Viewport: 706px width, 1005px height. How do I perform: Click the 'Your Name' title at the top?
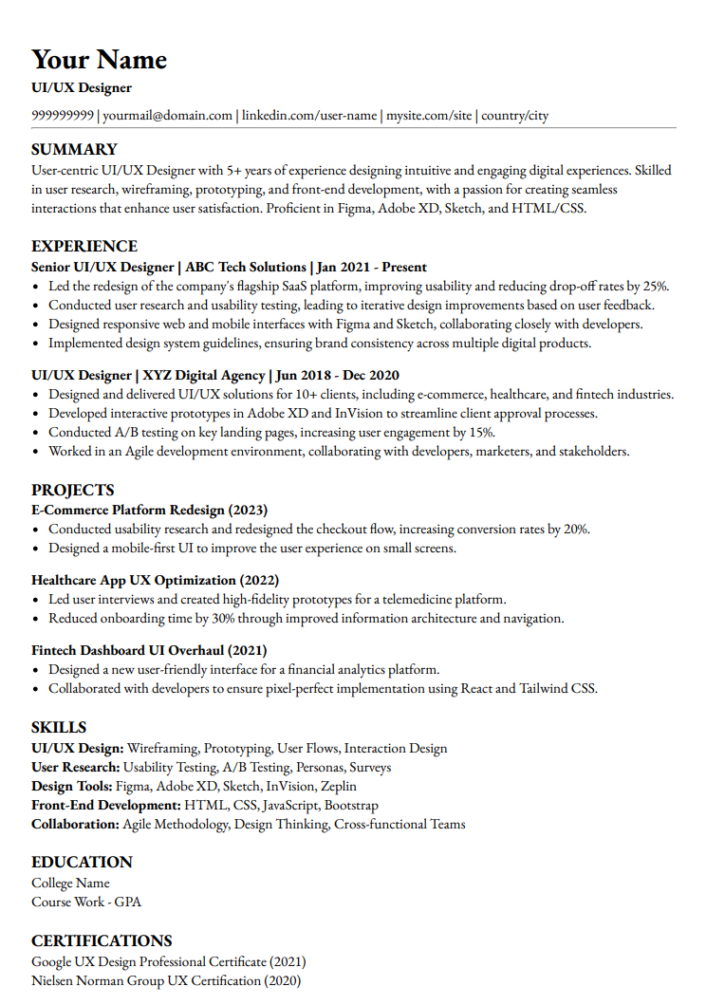99,60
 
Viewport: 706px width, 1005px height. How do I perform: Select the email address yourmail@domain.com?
167,116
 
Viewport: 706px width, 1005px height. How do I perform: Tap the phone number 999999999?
63,116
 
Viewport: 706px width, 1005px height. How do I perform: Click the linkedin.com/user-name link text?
309,116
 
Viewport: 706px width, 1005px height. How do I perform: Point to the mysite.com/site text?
429,116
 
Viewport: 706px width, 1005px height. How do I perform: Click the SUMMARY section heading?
74,149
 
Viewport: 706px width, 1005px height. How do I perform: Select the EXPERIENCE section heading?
84,247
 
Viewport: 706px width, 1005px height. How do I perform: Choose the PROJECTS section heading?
73,490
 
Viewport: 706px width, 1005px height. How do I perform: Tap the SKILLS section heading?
59,727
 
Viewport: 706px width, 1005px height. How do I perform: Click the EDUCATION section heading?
82,862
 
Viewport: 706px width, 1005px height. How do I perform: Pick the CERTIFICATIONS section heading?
102,940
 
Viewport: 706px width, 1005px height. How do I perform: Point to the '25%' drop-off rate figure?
655,286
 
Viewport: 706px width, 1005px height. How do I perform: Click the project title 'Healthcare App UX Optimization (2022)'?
155,580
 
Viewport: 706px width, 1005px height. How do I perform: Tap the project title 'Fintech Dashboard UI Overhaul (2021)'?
149,650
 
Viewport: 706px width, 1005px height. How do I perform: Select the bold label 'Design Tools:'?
72,786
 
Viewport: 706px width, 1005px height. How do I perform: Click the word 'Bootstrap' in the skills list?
351,805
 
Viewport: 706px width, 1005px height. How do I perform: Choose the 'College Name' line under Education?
70,883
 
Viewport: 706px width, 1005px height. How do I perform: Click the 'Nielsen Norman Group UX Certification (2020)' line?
166,980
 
